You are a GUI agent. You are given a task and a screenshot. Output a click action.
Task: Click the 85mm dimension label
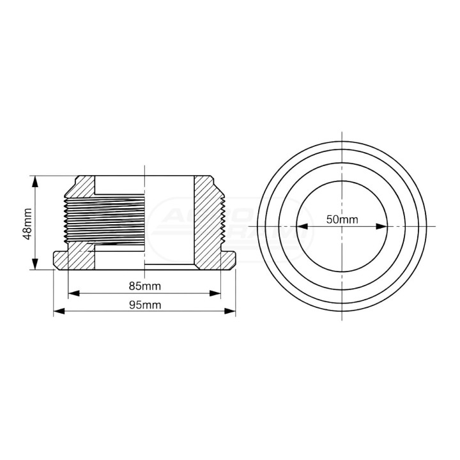point(145,286)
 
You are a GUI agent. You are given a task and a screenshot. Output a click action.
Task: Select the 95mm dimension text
point(145,305)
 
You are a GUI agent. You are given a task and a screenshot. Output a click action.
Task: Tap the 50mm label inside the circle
point(342,219)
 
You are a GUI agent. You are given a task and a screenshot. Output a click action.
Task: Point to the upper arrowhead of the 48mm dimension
point(35,181)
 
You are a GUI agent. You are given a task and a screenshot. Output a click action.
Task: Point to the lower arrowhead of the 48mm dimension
point(35,264)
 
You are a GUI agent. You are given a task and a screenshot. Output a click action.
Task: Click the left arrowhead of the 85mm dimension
point(74,293)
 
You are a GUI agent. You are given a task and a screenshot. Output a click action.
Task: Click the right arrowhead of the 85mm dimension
point(215,293)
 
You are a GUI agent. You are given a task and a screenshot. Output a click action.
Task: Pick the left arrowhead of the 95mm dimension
point(59,311)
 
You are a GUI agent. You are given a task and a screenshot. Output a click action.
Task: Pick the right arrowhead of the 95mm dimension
point(230,311)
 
